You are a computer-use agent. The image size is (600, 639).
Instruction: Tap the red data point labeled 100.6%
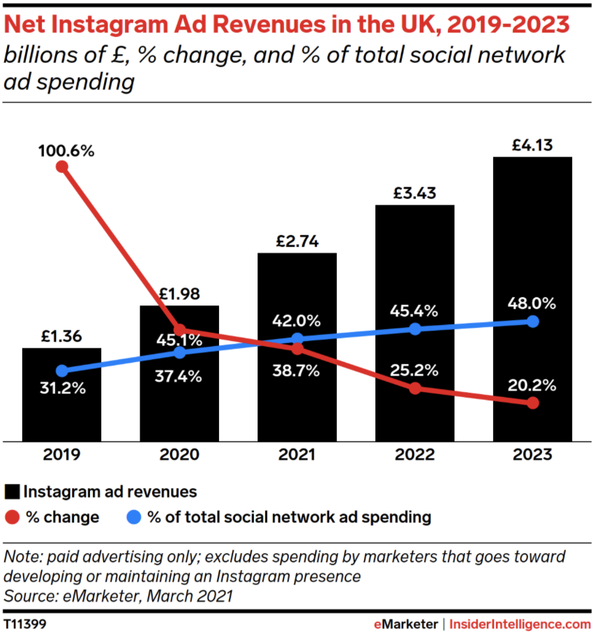[x=62, y=166]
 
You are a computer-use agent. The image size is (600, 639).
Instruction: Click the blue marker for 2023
[x=533, y=322]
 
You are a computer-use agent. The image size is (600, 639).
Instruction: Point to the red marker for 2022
[x=415, y=389]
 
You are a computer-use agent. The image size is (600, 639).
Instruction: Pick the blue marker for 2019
[x=62, y=371]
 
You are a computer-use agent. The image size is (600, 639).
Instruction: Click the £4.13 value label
[x=532, y=146]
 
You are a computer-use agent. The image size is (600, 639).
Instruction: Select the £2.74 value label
[x=297, y=241]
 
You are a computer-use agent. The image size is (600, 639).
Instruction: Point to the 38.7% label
[x=297, y=370]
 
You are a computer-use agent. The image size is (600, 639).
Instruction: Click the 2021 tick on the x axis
[x=297, y=455]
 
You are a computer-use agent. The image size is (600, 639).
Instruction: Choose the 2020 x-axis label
[x=179, y=455]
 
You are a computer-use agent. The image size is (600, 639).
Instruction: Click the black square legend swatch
[x=12, y=491]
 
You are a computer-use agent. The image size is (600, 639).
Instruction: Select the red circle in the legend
[x=12, y=518]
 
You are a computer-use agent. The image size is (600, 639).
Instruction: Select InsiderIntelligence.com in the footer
[x=520, y=623]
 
